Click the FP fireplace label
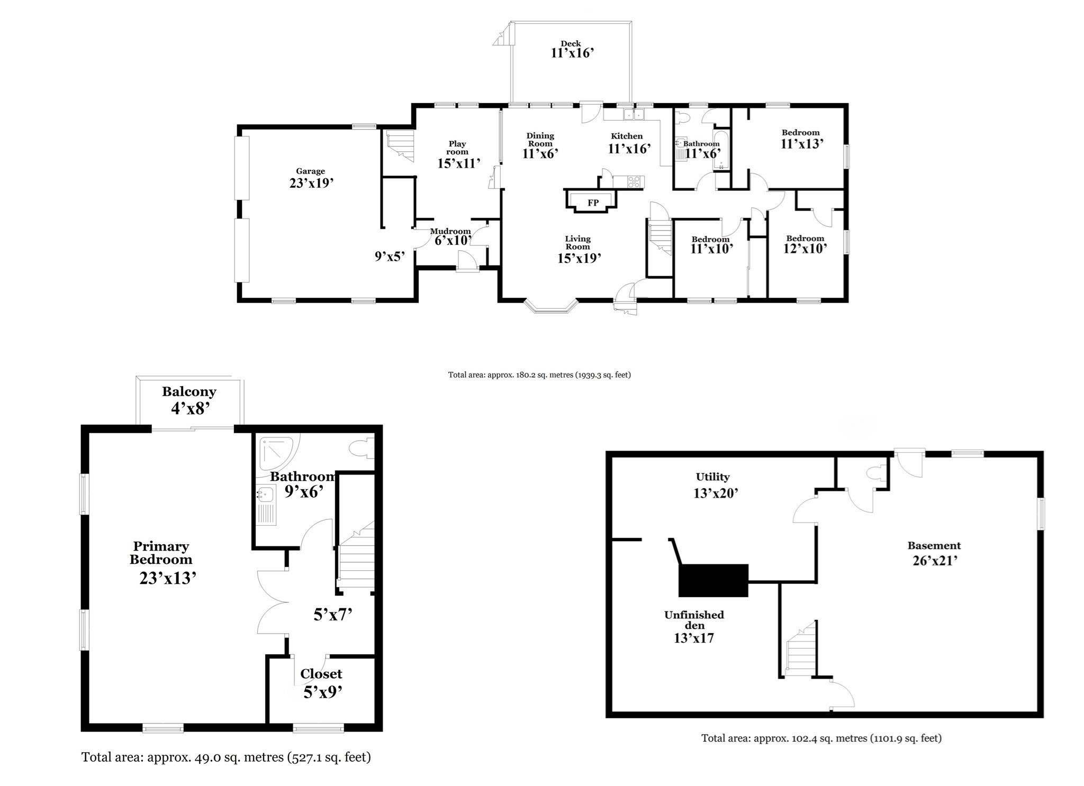click(593, 203)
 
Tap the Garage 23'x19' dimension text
click(311, 183)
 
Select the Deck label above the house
click(571, 44)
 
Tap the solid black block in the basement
click(713, 580)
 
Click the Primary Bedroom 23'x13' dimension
click(168, 578)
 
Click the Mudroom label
click(450, 231)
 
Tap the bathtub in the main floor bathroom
click(721, 150)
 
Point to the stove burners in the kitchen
click(634, 182)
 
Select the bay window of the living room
click(550, 307)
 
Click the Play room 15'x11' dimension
click(458, 163)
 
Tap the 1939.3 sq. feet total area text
click(603, 375)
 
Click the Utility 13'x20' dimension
click(716, 493)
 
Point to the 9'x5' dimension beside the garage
click(390, 257)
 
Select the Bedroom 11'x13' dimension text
click(802, 143)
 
